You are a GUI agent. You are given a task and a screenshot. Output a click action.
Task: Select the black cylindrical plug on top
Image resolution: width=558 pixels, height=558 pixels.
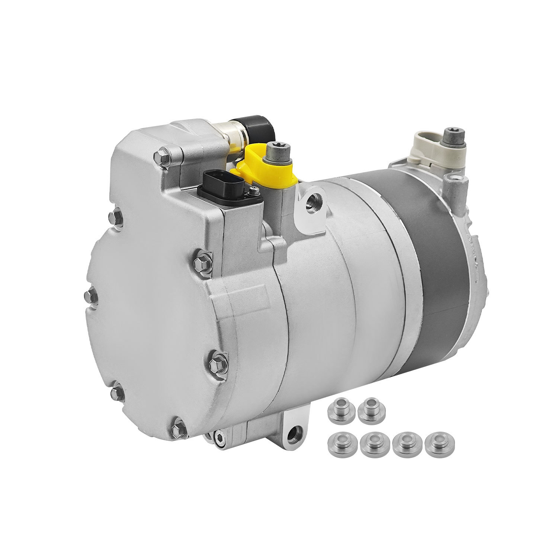[257, 128]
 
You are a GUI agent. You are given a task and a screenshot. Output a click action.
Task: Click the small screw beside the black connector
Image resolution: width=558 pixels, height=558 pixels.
[254, 191]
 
